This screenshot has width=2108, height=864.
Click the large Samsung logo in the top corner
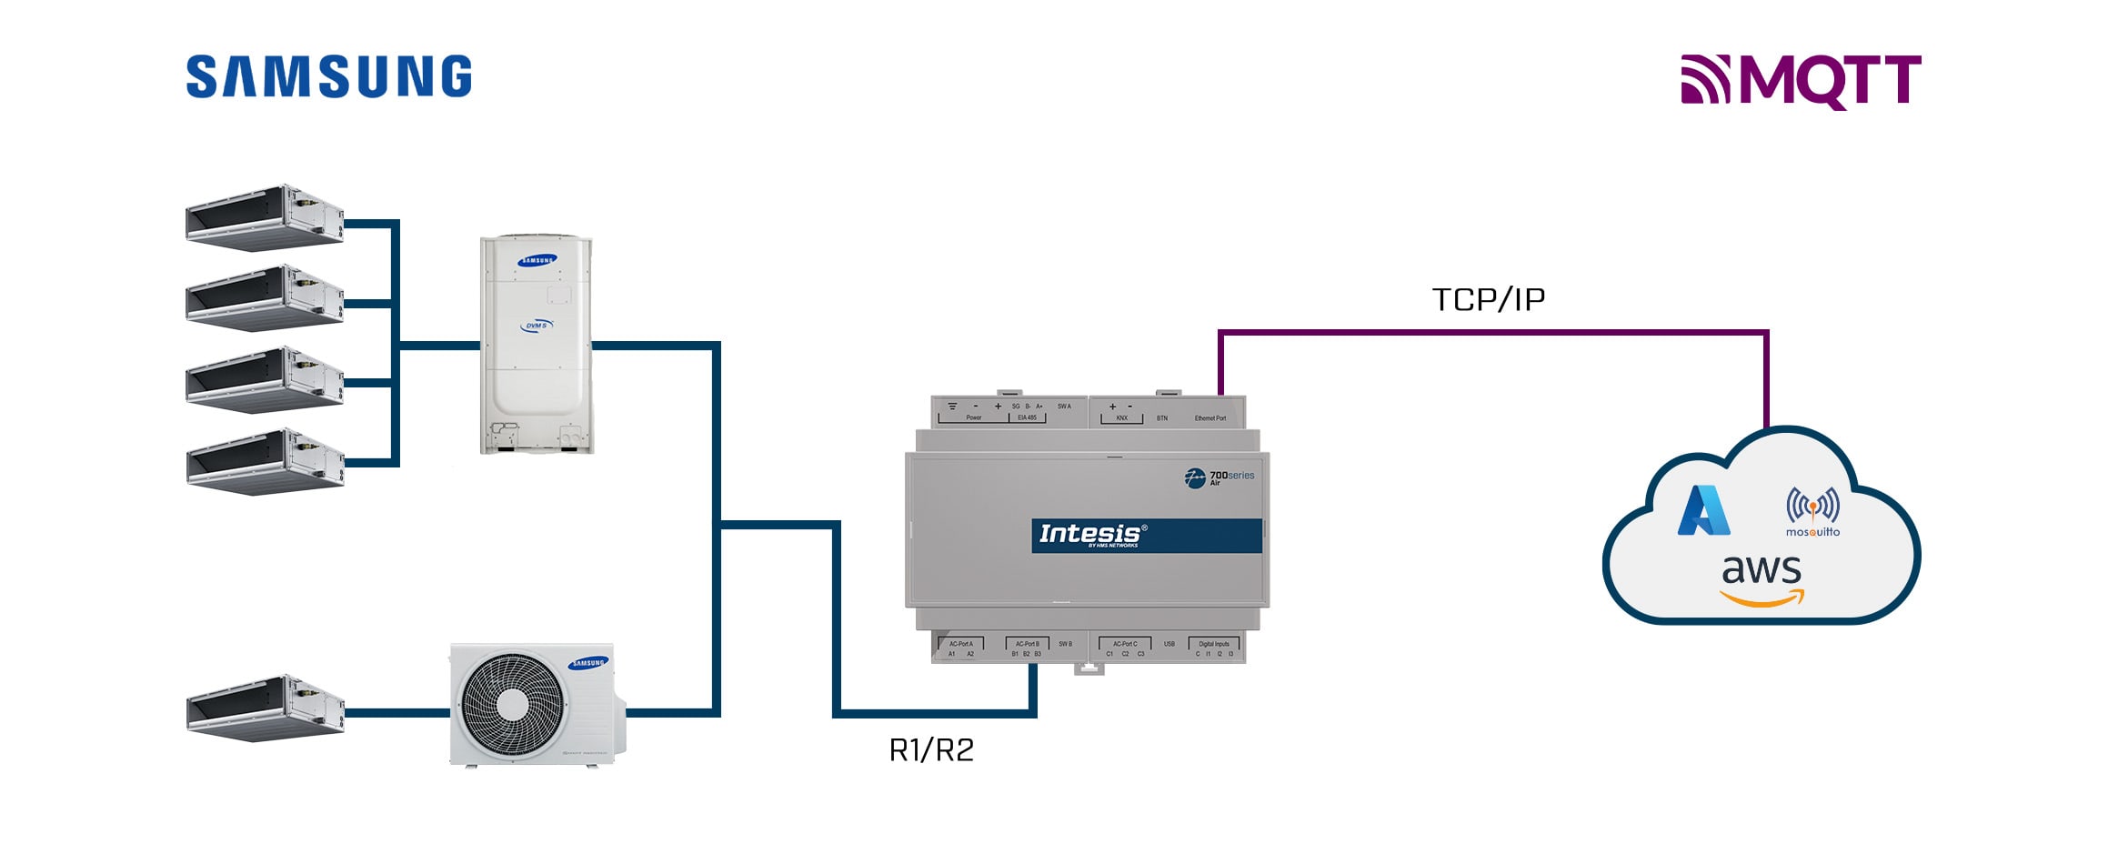[328, 76]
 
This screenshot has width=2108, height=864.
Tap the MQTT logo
[1801, 81]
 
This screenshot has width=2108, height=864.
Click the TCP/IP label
[1488, 299]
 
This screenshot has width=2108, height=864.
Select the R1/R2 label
[931, 749]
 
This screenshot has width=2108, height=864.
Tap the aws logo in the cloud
[1762, 580]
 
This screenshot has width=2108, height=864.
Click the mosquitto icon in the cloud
[1812, 512]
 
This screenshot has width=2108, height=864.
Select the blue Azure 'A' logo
[1703, 510]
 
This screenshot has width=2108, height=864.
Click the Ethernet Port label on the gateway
[1210, 418]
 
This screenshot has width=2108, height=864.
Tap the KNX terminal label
[1121, 418]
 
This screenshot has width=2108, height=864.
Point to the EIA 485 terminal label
[1027, 417]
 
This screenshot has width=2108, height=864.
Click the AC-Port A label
[960, 644]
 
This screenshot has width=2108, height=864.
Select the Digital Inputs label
[1213, 644]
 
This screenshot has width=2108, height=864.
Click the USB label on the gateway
[1169, 644]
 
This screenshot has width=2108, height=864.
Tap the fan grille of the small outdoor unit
[511, 703]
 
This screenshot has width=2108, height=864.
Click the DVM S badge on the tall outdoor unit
[537, 326]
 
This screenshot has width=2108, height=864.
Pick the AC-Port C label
[1125, 644]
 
